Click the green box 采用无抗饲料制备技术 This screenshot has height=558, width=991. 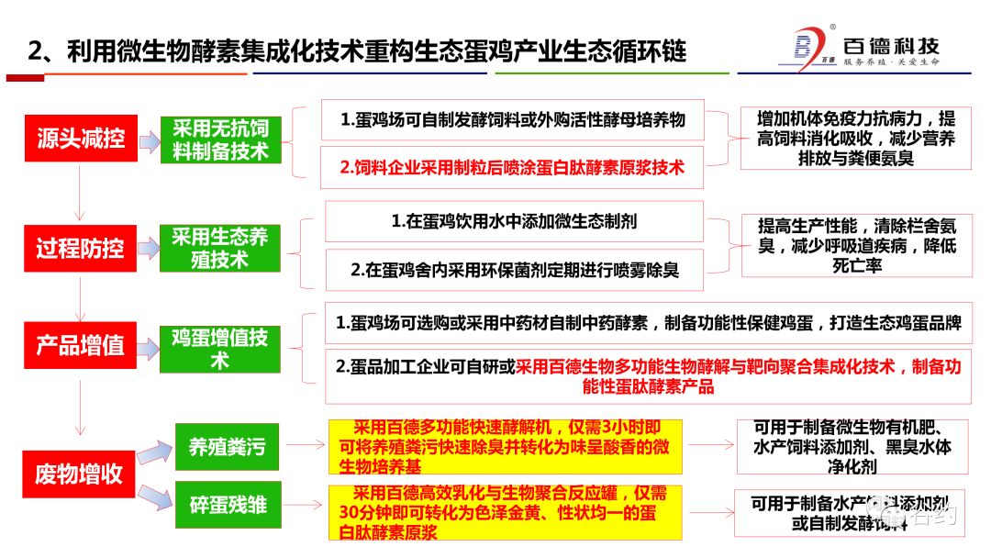(x=220, y=139)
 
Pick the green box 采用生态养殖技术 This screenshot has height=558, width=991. (x=220, y=248)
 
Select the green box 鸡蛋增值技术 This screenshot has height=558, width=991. (x=220, y=348)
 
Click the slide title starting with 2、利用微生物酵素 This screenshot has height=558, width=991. (x=357, y=50)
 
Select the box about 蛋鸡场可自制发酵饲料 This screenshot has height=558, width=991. (x=512, y=120)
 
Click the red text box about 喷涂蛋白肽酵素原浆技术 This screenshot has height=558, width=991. (x=512, y=168)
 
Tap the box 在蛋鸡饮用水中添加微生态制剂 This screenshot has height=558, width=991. (x=514, y=221)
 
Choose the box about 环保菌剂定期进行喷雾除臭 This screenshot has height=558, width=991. (x=514, y=271)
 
